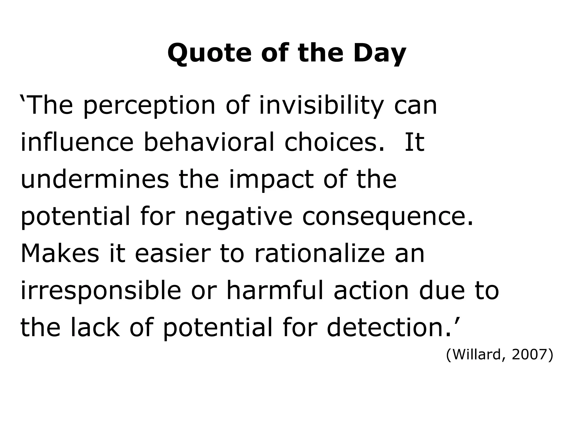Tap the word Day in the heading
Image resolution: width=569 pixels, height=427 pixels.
pyautogui.click(x=380, y=53)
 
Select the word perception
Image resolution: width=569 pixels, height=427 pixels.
pyautogui.click(x=149, y=106)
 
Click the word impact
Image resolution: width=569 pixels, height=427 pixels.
pyautogui.click(x=271, y=180)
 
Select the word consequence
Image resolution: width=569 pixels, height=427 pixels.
pyautogui.click(x=387, y=217)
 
